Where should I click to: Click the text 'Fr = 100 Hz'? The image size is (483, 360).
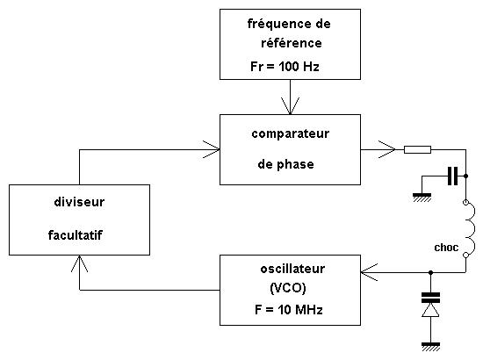click(285, 66)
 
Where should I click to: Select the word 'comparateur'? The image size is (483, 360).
click(290, 134)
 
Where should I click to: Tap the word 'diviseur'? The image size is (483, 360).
click(79, 202)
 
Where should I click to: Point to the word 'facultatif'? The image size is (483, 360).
click(76, 235)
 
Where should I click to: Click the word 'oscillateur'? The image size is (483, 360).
click(292, 269)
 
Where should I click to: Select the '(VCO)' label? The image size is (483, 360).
click(288, 288)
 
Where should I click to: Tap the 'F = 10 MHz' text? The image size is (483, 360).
click(289, 309)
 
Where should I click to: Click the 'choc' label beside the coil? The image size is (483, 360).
click(446, 248)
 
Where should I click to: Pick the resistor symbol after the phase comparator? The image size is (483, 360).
click(417, 149)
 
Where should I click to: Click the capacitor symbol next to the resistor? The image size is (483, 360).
click(452, 176)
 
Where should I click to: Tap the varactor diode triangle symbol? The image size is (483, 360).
click(430, 309)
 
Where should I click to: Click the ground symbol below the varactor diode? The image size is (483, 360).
click(430, 347)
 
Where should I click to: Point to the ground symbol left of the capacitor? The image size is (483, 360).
click(422, 198)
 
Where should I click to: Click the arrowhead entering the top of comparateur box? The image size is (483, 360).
click(290, 106)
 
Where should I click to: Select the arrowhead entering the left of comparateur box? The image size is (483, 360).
click(212, 149)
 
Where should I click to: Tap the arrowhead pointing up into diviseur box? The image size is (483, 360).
click(79, 263)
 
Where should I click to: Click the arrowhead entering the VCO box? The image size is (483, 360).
click(369, 272)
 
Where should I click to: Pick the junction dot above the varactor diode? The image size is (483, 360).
click(430, 272)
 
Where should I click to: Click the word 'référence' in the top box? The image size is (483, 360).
click(291, 43)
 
